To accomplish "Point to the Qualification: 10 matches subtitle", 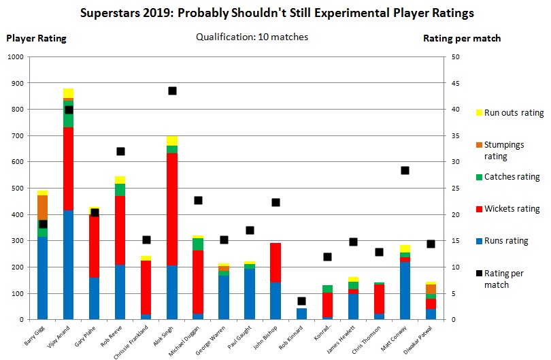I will (x=251, y=37).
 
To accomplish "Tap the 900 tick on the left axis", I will (x=15, y=83).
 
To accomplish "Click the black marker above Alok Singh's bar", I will (x=172, y=91).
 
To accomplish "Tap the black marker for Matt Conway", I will (x=405, y=170).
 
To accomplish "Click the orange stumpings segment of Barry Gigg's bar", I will (x=43, y=207).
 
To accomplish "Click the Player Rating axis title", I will (x=36, y=38).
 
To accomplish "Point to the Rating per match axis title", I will (x=462, y=38).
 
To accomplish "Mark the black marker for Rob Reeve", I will (x=120, y=151).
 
